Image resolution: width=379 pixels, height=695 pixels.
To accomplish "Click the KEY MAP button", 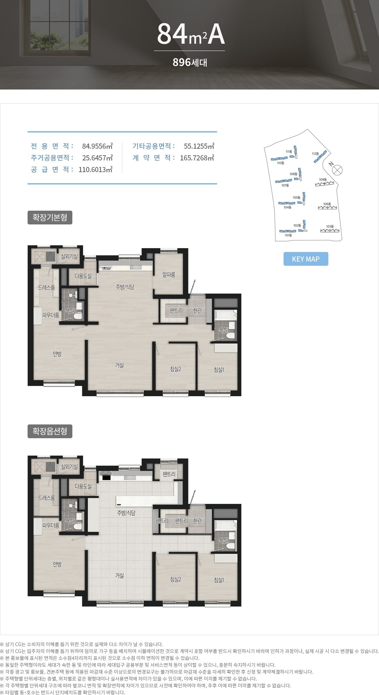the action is click(306, 259).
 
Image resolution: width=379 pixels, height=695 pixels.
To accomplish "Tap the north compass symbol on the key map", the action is click(338, 169).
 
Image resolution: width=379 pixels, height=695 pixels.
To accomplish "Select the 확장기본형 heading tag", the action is click(50, 218).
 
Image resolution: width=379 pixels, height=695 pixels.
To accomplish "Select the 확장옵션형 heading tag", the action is click(50, 431).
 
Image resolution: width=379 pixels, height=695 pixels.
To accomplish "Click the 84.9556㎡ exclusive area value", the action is click(98, 146).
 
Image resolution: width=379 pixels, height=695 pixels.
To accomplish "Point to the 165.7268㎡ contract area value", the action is click(197, 158).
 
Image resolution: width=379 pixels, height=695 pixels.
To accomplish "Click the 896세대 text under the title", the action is click(189, 62).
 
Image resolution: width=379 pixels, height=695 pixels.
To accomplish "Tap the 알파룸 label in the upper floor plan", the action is click(169, 275).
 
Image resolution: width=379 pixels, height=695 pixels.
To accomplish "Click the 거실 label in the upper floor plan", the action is click(120, 365).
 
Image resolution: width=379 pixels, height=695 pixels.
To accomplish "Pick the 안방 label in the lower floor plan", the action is click(57, 564).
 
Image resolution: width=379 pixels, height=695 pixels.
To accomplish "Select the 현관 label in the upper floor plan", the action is click(197, 310).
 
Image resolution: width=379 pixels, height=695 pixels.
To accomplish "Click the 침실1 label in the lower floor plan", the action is click(219, 580).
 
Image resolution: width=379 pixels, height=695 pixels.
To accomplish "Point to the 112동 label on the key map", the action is click(315, 154).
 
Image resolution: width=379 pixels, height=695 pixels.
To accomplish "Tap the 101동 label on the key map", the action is click(288, 235).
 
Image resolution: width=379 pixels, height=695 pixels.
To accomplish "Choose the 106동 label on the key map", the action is click(327, 204).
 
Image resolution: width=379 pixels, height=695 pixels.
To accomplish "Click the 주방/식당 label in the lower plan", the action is click(126, 513).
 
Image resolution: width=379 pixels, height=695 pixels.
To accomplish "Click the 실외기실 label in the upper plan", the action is click(70, 256).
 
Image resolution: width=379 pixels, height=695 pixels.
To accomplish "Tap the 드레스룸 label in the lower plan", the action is click(47, 498).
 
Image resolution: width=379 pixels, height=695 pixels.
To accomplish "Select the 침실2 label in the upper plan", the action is click(176, 369).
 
